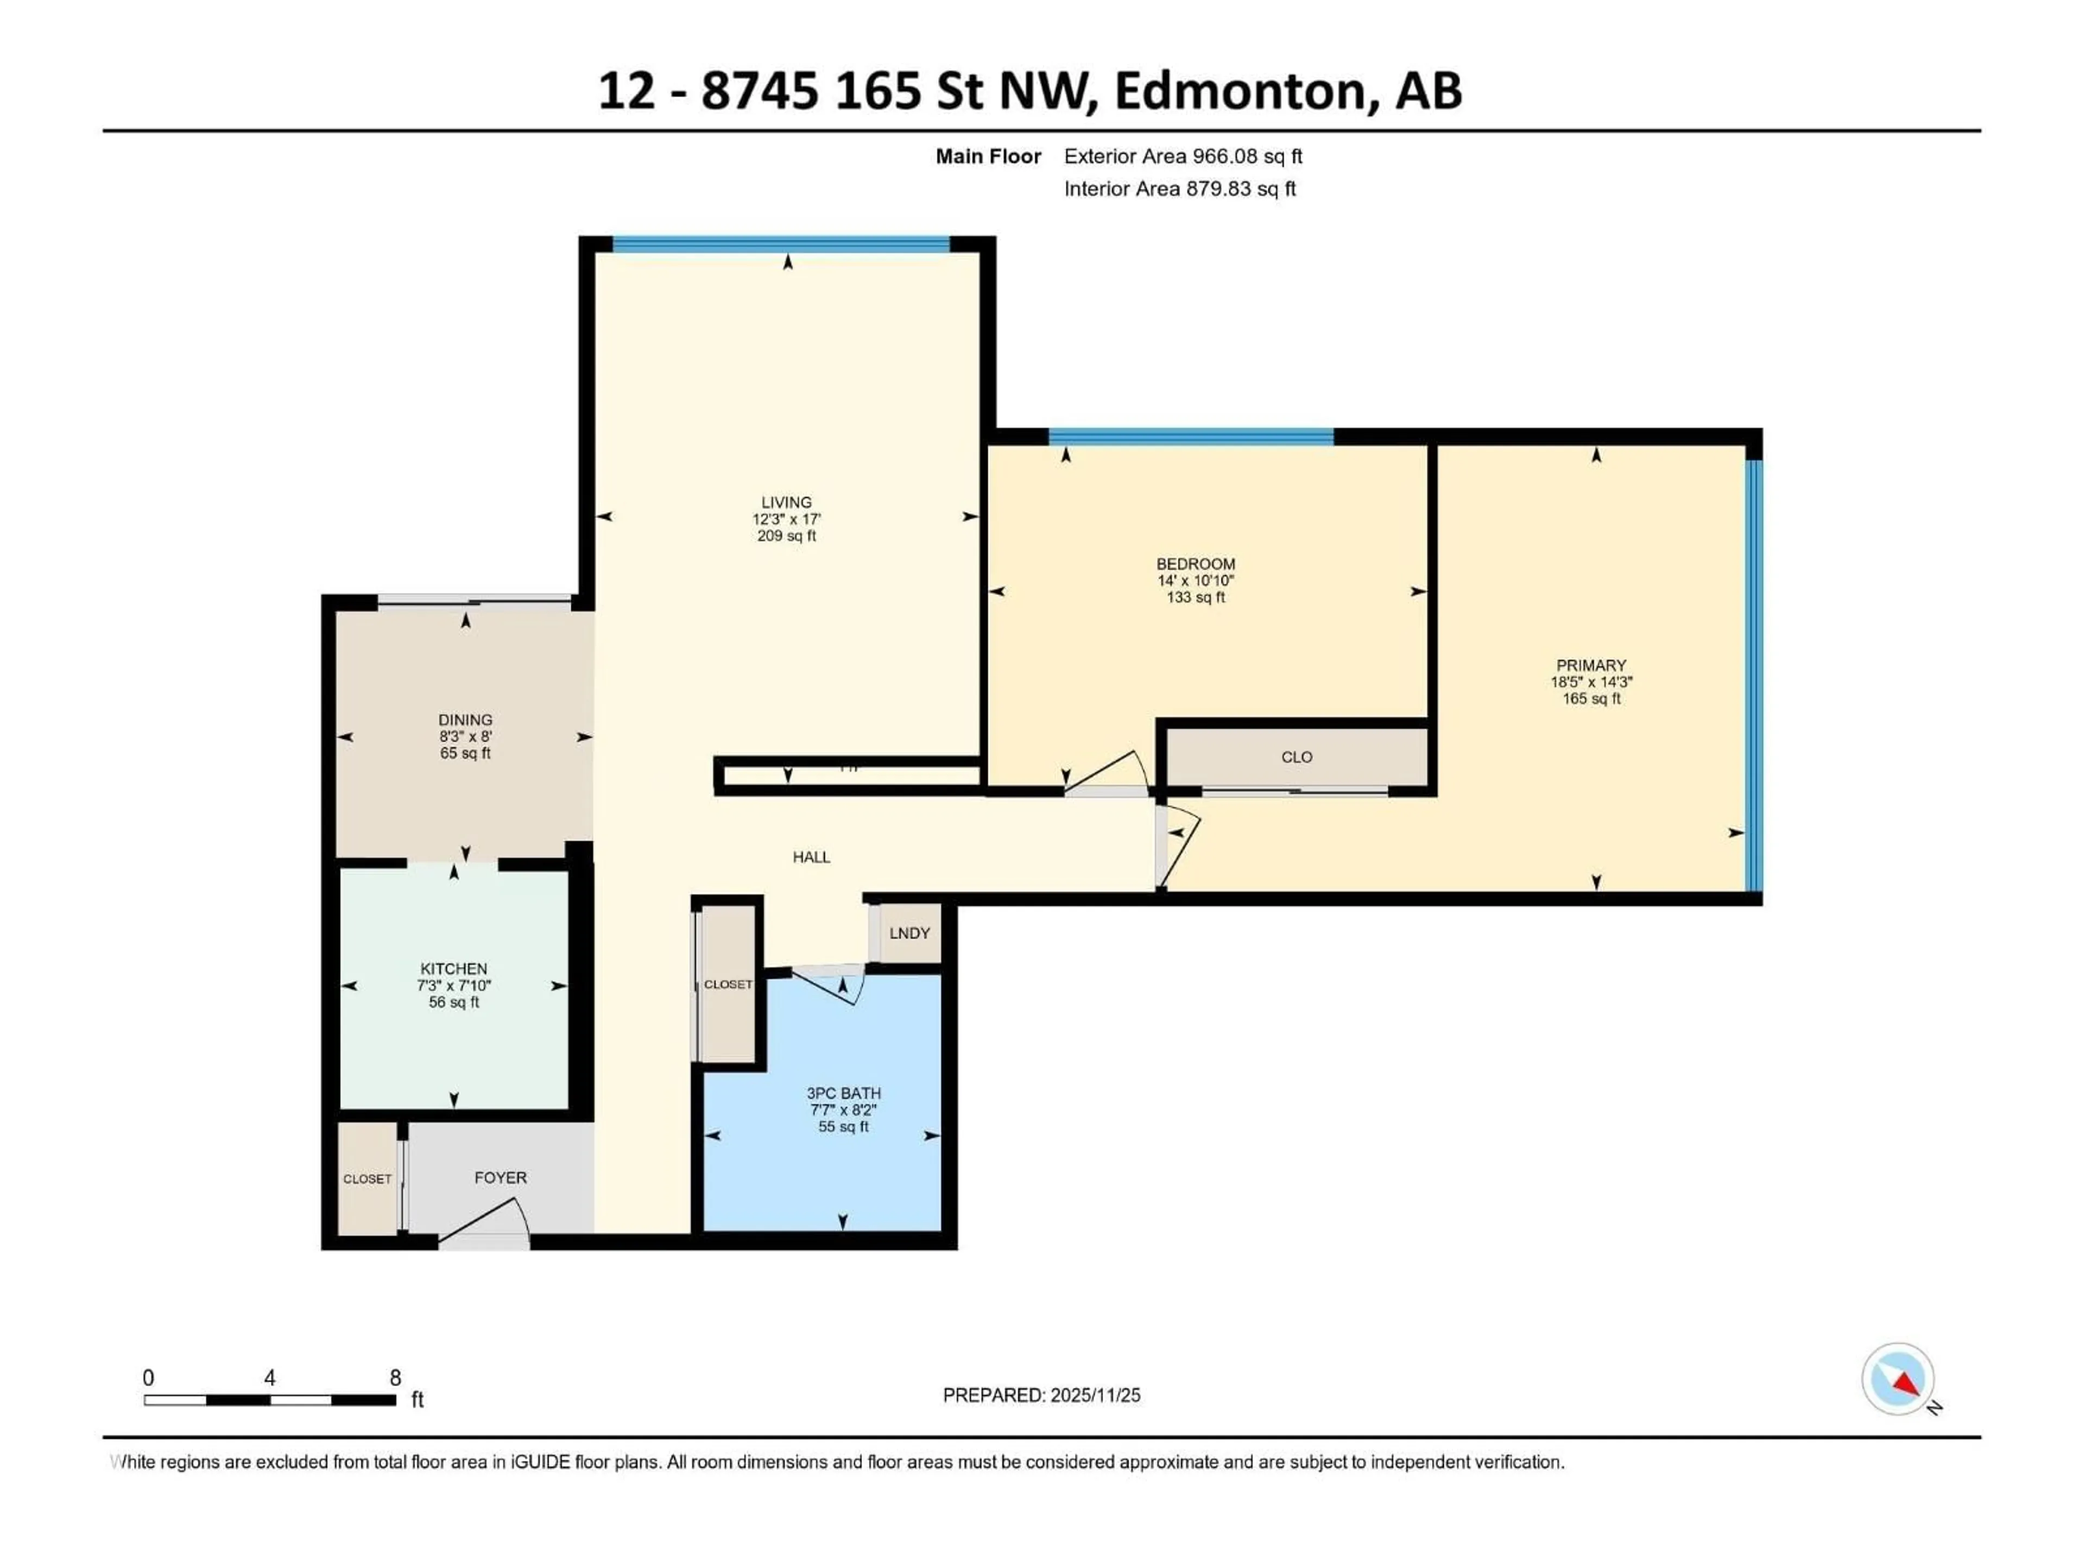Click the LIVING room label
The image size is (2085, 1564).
786,502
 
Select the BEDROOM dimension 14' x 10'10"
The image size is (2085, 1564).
1195,581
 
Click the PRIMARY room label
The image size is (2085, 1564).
1591,665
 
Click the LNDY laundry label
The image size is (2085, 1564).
909,934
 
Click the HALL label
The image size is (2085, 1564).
811,857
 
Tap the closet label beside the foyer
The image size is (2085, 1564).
367,1180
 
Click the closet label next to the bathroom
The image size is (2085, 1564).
728,984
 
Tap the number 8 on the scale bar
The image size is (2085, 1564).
396,1377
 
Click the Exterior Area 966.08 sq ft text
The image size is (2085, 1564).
1183,156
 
